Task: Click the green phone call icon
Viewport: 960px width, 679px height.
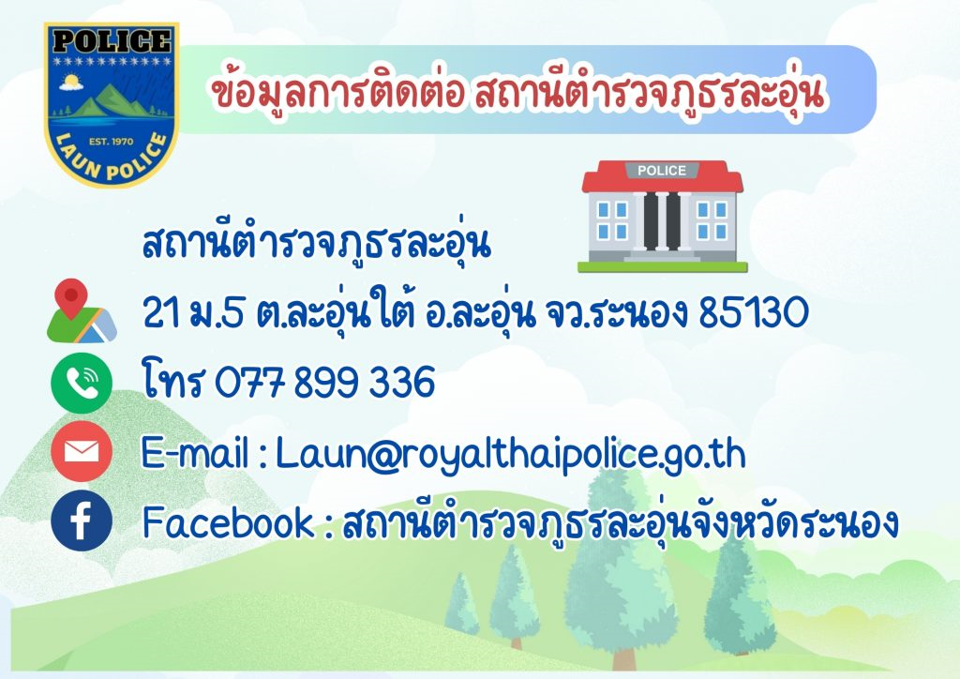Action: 82,384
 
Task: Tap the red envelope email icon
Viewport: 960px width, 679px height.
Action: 82,452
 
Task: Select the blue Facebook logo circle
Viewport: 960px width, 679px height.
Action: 82,521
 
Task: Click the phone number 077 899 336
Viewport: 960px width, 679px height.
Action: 324,382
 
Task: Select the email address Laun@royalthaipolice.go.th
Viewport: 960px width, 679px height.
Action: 511,455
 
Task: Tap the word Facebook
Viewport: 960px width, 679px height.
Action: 228,523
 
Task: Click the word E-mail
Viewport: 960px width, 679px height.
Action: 195,453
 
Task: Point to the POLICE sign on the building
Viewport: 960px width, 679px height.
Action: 662,171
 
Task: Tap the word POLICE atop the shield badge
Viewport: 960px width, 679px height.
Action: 111,41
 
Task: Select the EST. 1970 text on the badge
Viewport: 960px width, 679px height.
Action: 111,141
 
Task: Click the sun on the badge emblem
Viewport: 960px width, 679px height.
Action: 72,82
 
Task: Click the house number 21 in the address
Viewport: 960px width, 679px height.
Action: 161,312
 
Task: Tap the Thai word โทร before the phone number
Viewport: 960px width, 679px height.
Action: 172,380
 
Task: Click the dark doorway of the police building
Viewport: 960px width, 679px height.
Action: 662,221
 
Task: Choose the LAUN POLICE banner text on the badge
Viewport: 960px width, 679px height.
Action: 112,160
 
